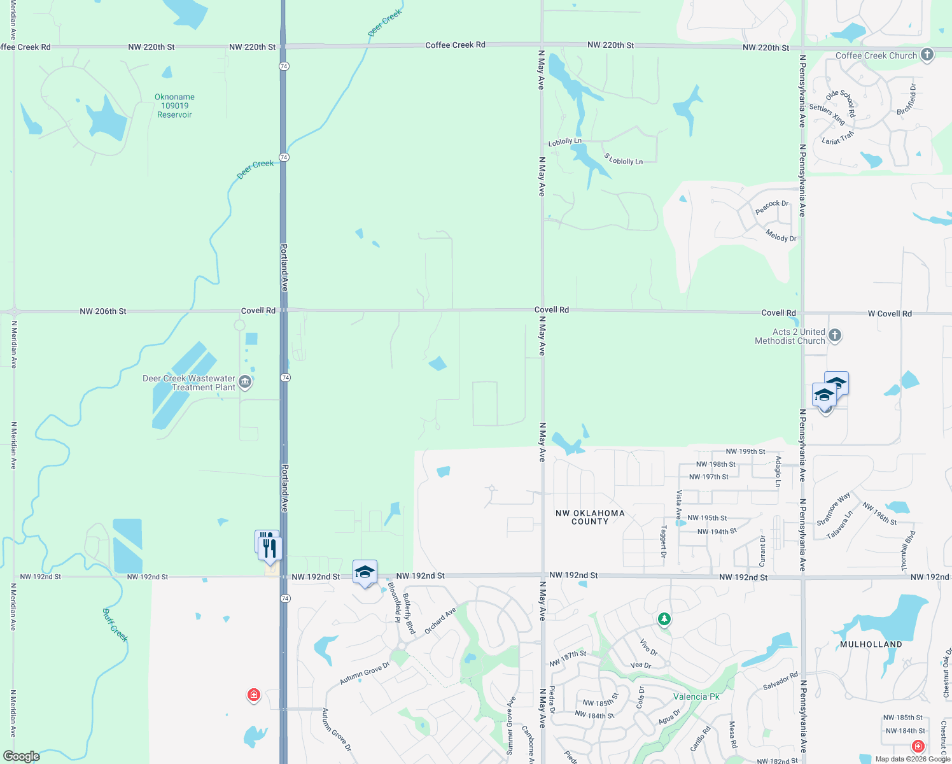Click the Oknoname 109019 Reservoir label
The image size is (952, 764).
click(174, 106)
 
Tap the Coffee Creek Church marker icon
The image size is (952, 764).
click(927, 55)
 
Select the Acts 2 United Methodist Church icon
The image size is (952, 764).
click(835, 336)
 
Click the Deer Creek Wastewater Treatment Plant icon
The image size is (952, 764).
click(245, 382)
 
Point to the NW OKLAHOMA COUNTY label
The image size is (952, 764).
click(590, 517)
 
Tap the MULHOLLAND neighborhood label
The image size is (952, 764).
click(871, 644)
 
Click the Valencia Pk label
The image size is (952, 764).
click(696, 697)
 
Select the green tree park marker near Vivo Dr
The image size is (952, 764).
click(664, 618)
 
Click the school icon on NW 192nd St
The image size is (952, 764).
click(365, 572)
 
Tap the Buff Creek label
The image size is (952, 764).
click(115, 625)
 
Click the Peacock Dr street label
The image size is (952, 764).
click(771, 207)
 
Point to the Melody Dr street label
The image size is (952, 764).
click(781, 236)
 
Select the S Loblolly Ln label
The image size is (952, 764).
click(623, 159)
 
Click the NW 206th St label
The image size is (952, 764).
click(103, 311)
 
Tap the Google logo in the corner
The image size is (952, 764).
click(22, 756)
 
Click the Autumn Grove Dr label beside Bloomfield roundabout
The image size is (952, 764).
click(364, 674)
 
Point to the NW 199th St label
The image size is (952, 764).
click(745, 451)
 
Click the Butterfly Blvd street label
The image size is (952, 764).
click(409, 614)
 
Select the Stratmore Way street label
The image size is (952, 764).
click(834, 509)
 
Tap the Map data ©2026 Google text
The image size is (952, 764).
click(912, 759)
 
